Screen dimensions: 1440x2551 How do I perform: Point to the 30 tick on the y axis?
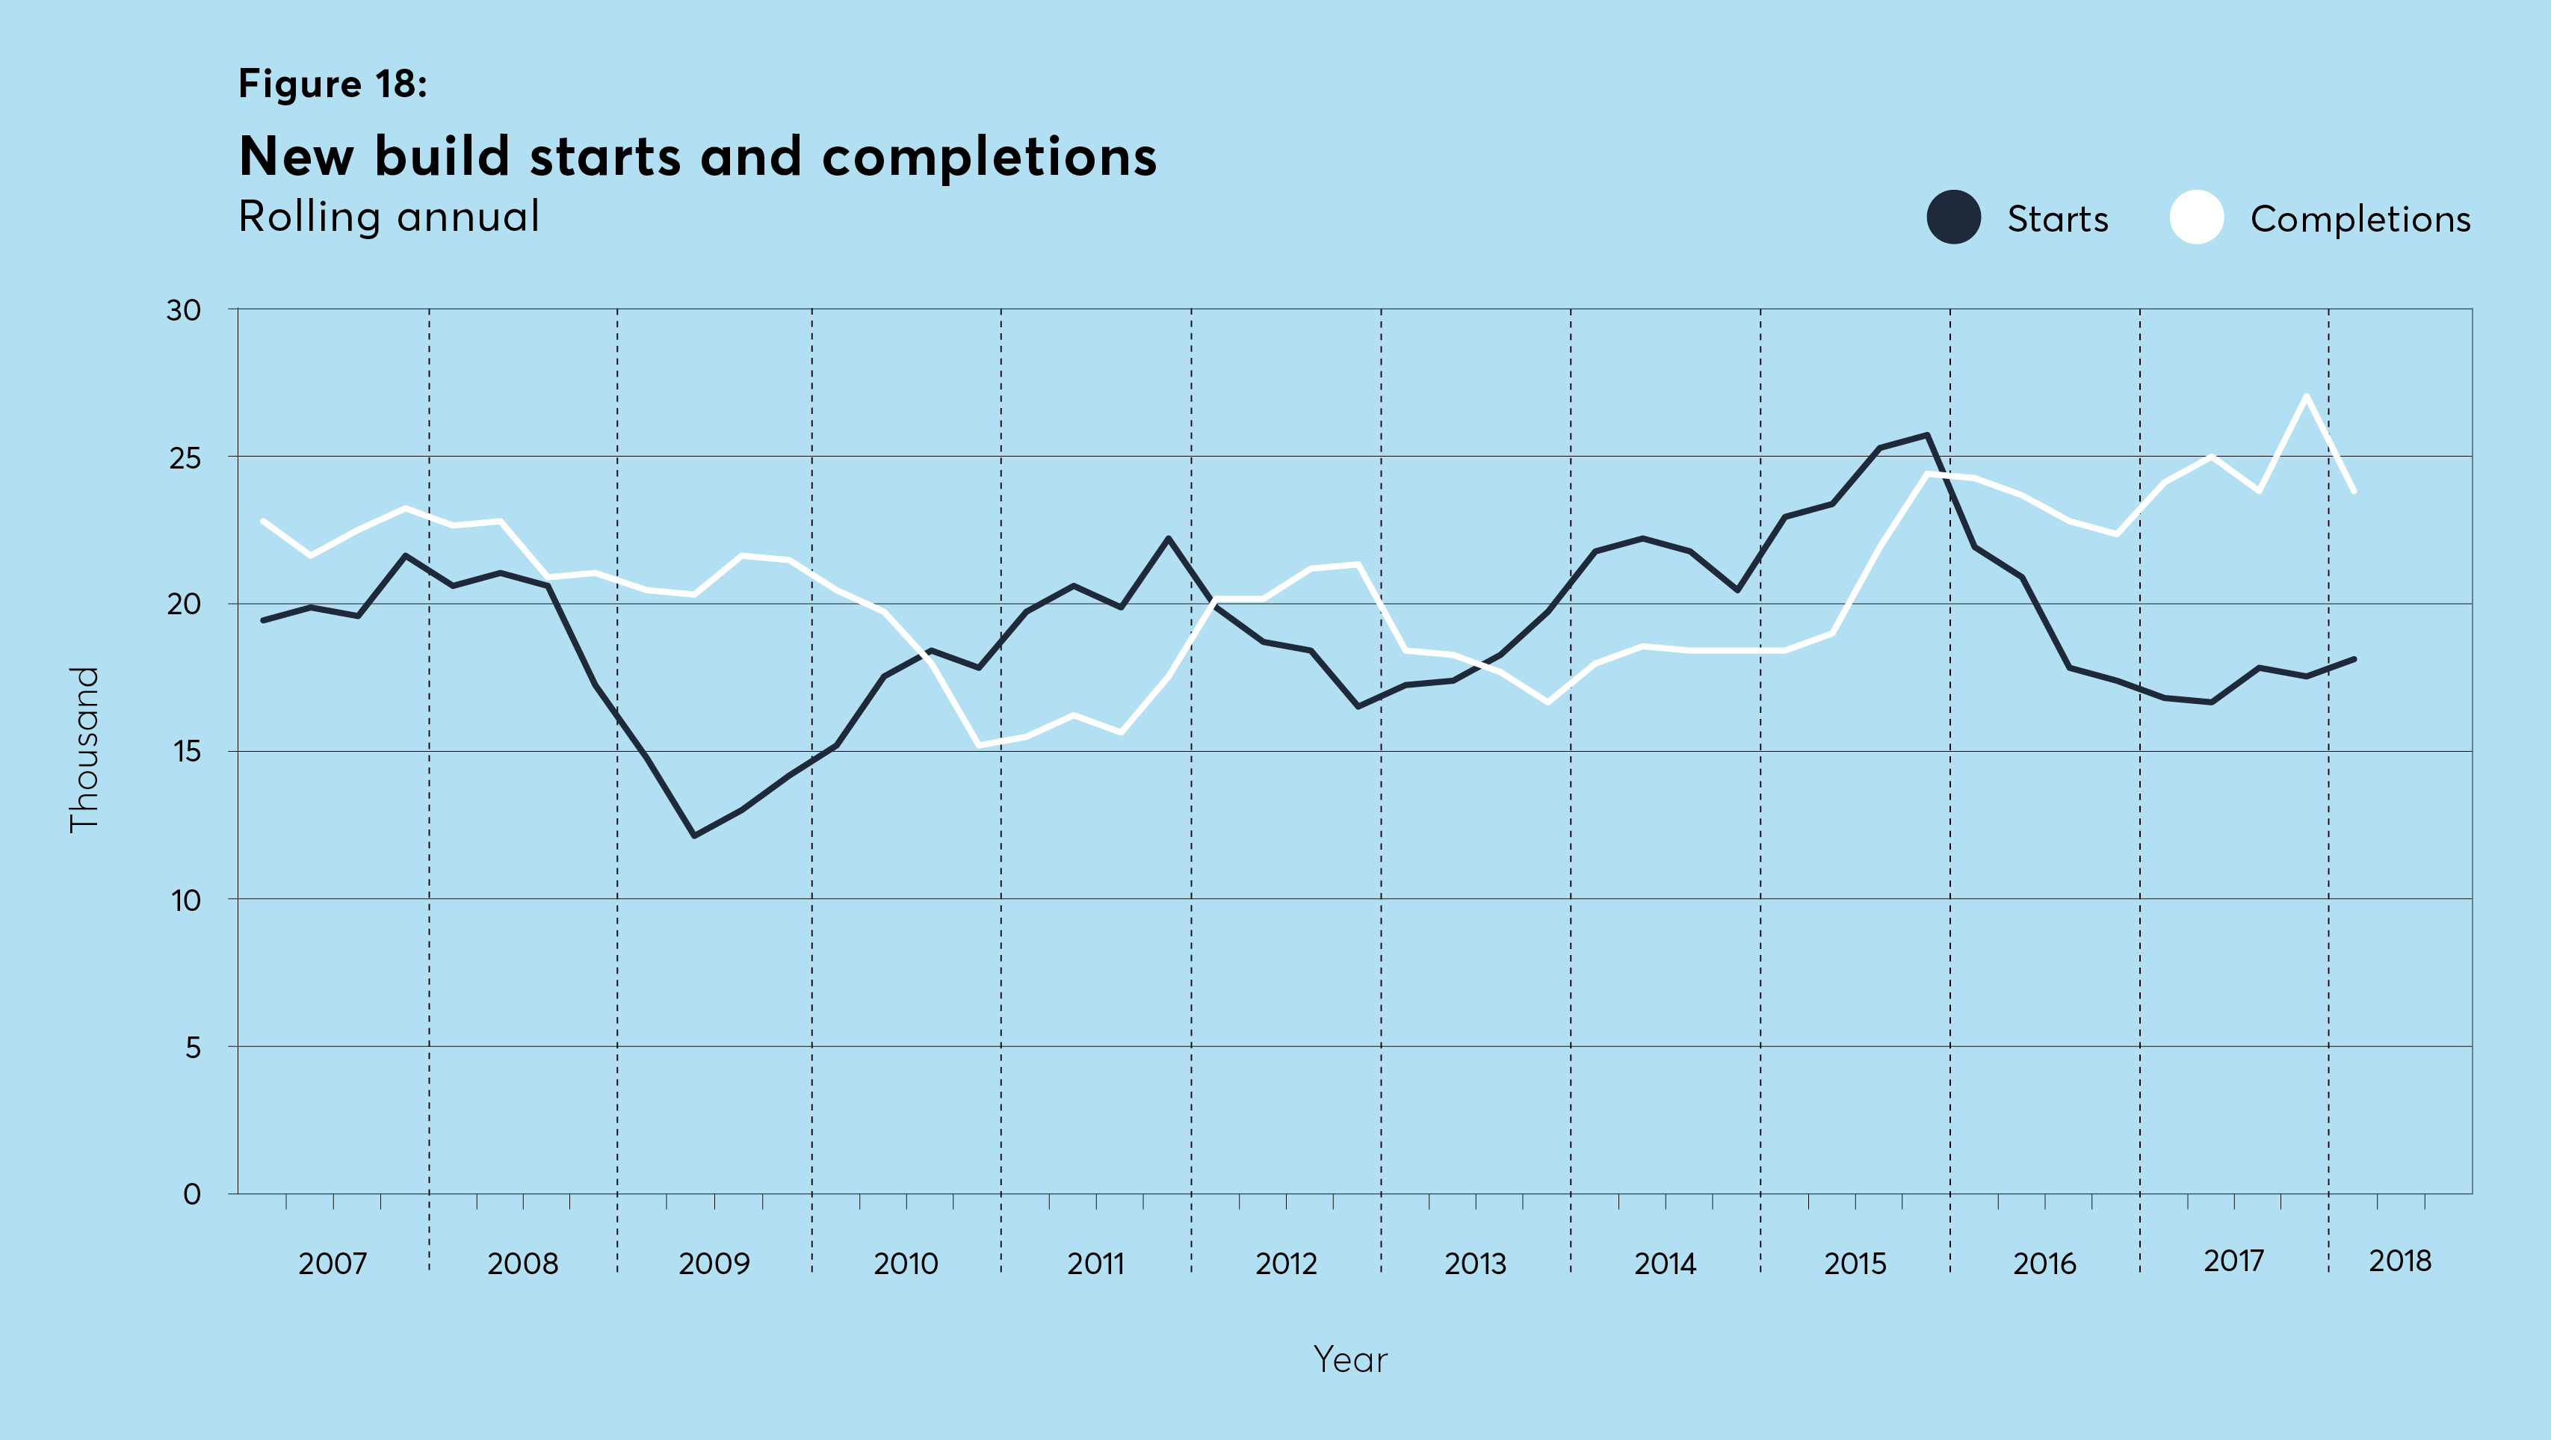point(183,310)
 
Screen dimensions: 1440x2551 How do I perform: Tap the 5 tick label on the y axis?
point(192,1047)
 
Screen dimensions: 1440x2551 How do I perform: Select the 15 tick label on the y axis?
point(185,752)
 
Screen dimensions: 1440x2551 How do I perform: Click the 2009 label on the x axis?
point(714,1264)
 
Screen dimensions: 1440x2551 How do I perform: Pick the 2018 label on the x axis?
point(2399,1261)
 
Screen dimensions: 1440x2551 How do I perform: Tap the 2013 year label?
point(1474,1264)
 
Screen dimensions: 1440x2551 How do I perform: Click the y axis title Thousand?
point(84,749)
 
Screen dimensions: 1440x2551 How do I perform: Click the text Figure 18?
point(333,84)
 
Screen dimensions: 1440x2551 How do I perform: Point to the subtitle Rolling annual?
point(389,217)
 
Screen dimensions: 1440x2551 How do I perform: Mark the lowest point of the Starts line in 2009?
point(694,836)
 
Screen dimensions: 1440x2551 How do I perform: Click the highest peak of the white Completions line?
point(2307,396)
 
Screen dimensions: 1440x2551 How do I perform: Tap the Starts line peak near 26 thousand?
point(1926,435)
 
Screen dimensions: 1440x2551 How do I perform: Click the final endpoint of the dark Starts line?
point(2353,658)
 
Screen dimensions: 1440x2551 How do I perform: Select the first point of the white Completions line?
point(264,521)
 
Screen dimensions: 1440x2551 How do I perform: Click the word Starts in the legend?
point(2057,219)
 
